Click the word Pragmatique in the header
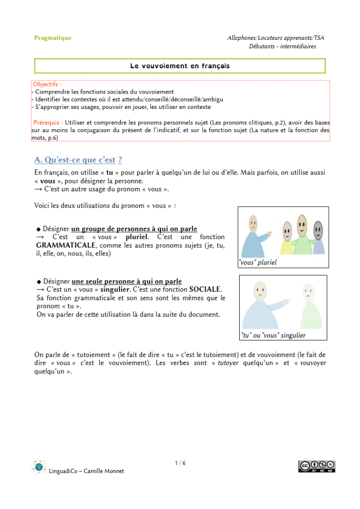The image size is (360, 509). coord(53,38)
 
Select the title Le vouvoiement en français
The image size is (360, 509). coord(180,66)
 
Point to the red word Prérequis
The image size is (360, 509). coord(48,122)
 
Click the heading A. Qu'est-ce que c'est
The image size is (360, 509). coord(78,160)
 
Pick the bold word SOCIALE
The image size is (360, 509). coord(205,289)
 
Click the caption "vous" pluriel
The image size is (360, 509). coord(258,262)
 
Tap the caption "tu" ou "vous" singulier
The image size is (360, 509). coord(273,335)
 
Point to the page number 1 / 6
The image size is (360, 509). coord(180,463)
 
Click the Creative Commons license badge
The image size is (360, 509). coord(317,466)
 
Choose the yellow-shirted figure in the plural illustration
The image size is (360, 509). coord(287,239)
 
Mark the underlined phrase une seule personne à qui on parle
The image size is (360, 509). coord(127,281)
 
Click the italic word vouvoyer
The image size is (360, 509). coord(313,363)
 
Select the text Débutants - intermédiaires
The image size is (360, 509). coord(282,46)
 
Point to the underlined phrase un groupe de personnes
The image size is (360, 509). coord(110,229)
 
